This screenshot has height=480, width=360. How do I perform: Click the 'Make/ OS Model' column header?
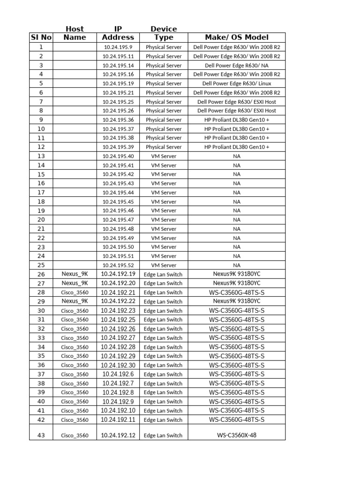(x=236, y=37)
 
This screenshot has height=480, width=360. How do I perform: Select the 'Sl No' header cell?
(x=41, y=37)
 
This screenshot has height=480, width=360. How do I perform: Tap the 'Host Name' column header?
(x=75, y=33)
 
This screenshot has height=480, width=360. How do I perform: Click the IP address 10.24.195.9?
(x=118, y=47)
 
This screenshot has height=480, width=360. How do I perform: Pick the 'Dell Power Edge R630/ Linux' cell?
(x=236, y=83)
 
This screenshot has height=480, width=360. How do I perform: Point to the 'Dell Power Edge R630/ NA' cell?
(x=236, y=66)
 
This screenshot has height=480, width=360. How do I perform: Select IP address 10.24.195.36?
(x=118, y=120)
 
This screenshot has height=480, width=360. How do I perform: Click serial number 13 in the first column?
(x=41, y=156)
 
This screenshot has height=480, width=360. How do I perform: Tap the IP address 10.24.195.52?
(x=118, y=265)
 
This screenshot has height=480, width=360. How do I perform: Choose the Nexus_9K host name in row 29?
(x=75, y=301)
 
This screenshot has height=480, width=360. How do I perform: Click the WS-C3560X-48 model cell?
(x=236, y=435)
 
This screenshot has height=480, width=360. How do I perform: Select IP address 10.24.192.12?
(x=118, y=435)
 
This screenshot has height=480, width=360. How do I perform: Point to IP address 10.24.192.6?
(x=118, y=374)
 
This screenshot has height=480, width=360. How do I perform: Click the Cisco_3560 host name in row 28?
(x=75, y=292)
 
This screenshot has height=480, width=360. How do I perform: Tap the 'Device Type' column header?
(x=163, y=33)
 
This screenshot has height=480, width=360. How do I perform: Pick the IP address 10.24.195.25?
(x=118, y=102)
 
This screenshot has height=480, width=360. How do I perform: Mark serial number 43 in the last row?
(x=41, y=435)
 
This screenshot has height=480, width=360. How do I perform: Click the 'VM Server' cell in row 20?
(x=163, y=220)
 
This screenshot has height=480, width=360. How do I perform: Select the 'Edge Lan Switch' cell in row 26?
(x=163, y=274)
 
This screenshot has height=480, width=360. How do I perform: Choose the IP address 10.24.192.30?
(x=118, y=365)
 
